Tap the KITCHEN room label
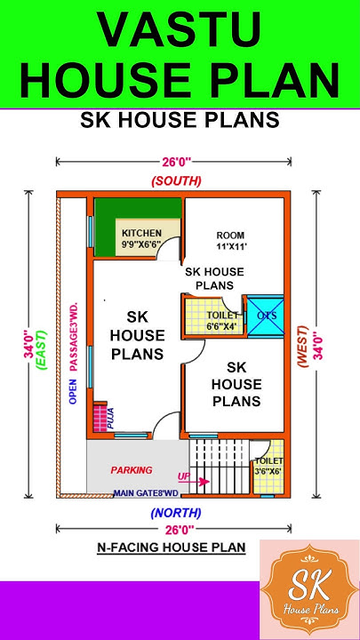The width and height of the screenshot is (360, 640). click(x=141, y=233)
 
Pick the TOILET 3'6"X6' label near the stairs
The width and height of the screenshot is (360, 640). click(x=268, y=466)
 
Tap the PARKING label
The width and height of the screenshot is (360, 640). click(x=132, y=469)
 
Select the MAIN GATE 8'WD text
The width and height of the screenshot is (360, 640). click(x=146, y=492)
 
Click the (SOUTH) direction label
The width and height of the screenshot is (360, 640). click(x=176, y=180)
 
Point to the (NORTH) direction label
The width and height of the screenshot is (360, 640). click(x=176, y=512)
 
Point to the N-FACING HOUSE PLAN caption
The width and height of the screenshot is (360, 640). click(x=171, y=548)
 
